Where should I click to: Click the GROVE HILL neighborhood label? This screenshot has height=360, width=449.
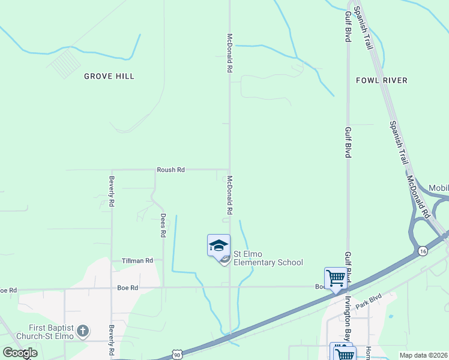click(x=109, y=76)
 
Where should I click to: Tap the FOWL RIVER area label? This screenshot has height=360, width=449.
click(x=381, y=80)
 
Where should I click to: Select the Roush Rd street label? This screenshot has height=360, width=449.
click(x=170, y=170)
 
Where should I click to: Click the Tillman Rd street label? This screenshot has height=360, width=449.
click(x=137, y=261)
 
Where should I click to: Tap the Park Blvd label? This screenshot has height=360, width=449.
click(x=368, y=302)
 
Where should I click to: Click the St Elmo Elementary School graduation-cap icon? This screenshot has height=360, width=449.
click(x=218, y=245)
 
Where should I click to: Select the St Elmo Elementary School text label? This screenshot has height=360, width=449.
click(x=268, y=258)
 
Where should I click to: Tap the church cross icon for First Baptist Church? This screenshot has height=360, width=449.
click(x=83, y=331)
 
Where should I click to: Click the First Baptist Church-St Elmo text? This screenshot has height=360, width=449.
click(x=45, y=332)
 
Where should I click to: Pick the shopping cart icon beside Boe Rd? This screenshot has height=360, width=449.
click(x=336, y=278)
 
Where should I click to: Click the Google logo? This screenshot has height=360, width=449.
click(x=20, y=353)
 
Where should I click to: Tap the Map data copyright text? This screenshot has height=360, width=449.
click(x=423, y=355)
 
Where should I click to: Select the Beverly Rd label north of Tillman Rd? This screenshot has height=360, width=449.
click(x=112, y=191)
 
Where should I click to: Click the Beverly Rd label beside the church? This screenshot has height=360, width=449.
click(x=112, y=339)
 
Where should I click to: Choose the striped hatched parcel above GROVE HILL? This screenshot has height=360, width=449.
click(x=64, y=63)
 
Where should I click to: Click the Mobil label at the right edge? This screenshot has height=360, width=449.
click(x=438, y=188)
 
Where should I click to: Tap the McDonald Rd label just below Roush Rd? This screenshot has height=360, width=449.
click(x=229, y=196)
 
